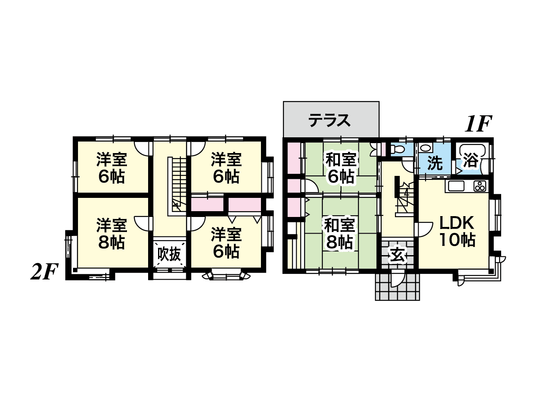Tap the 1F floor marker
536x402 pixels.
478,124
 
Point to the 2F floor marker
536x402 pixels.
44,271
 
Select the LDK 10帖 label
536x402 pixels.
457,231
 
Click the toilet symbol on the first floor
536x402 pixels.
395,149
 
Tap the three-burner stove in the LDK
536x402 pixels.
480,186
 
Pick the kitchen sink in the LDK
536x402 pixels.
456,186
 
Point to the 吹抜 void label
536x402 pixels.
169,254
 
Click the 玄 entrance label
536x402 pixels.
397,255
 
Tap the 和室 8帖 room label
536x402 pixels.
339,234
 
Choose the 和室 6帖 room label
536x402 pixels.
341,168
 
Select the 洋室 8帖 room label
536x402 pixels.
112,234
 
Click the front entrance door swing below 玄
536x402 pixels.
398,278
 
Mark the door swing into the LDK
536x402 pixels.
424,229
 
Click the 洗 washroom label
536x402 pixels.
435,163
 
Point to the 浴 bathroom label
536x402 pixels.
471,161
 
